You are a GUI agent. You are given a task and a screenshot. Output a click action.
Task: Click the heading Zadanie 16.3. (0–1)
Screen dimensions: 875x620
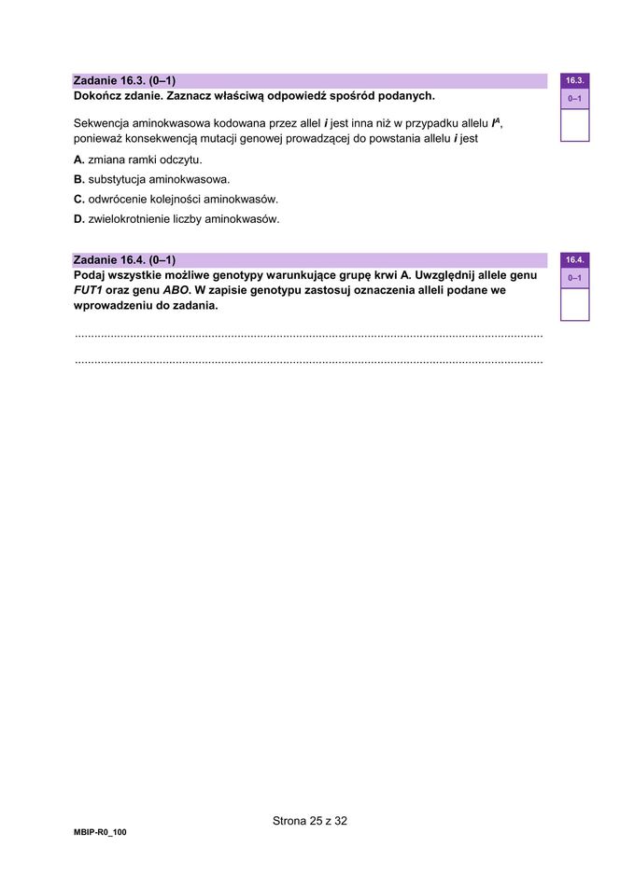coord(124,81)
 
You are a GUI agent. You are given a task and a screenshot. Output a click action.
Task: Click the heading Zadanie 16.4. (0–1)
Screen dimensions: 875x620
coord(124,260)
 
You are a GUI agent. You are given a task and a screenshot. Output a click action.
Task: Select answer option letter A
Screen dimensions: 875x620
coord(79,160)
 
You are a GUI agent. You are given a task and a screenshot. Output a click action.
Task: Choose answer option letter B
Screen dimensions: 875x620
coord(79,179)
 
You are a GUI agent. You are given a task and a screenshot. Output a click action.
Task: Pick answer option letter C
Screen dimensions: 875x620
coord(79,200)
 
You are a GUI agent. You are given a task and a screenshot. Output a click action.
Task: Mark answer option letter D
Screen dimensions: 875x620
coord(79,220)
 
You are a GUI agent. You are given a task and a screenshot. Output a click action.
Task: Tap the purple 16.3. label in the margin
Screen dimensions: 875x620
coord(574,81)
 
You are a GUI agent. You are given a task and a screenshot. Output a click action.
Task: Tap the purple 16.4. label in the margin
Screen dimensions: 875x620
coord(574,260)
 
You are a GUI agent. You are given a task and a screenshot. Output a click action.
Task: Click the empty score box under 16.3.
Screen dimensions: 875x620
coord(574,124)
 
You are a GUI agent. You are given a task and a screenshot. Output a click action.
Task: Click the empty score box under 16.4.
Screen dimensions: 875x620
coord(574,303)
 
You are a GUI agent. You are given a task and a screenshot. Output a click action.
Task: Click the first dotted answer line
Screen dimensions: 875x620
coord(308,335)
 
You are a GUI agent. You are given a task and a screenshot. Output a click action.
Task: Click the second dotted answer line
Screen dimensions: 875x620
coord(308,360)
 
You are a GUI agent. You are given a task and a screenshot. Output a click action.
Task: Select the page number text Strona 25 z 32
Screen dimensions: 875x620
coord(310,821)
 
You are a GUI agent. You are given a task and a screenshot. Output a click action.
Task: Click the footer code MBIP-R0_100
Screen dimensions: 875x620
coord(99,832)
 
